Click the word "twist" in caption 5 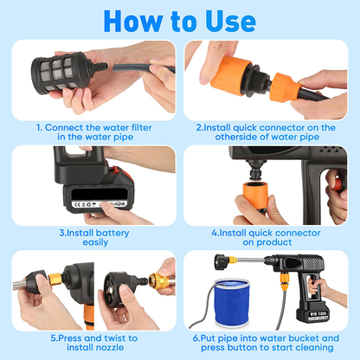(109, 337)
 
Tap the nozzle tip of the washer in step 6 (212, 257)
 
